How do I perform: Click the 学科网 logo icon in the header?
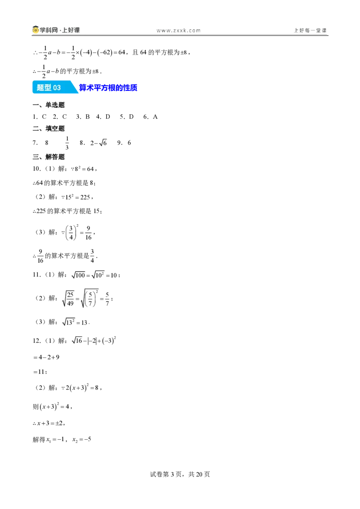click(36, 30)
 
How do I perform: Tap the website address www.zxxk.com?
click(178, 31)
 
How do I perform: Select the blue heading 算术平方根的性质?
click(108, 88)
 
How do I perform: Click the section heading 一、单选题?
click(49, 105)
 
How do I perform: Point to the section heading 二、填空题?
click(49, 129)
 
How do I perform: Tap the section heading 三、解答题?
click(49, 157)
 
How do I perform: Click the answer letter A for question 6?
click(155, 117)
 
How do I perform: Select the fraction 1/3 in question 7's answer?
click(67, 143)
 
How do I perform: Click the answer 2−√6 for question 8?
click(99, 143)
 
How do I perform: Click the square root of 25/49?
click(68, 299)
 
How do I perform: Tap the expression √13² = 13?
click(76, 322)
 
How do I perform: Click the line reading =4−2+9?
click(46, 357)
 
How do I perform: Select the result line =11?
click(40, 372)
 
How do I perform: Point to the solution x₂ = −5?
click(81, 440)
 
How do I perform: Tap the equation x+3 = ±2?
click(49, 423)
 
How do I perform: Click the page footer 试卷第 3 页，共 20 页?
click(180, 474)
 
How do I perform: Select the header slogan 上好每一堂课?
click(310, 31)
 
